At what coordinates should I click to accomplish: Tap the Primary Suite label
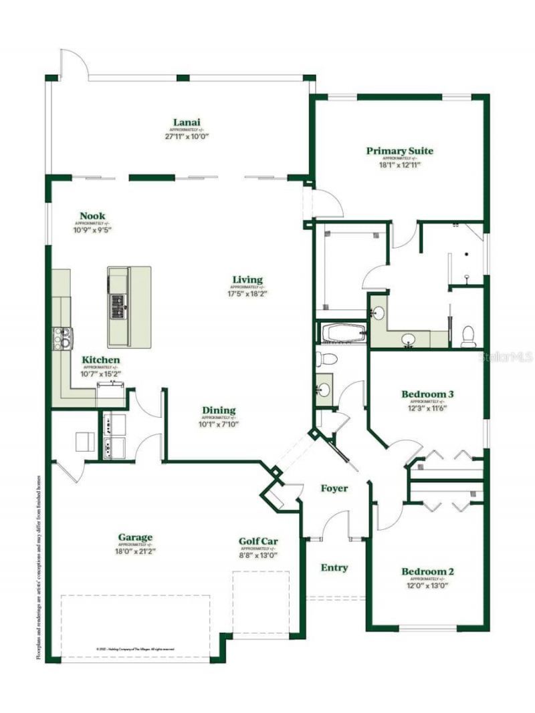pos(399,151)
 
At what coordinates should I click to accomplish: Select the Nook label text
pos(92,215)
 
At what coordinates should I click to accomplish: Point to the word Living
pos(247,279)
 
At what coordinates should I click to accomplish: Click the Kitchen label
pos(101,360)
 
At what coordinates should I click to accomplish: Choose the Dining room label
pos(219,410)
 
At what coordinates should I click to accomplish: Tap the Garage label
pos(135,537)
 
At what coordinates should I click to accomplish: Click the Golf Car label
pos(258,541)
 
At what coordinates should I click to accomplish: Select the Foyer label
pos(334,488)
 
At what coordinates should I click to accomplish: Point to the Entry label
pos(334,567)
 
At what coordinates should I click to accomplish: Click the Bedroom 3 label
pos(428,394)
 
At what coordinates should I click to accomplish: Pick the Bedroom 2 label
pos(428,571)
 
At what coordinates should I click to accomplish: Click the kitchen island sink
pos(118,305)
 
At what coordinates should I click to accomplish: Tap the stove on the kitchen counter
pos(62,339)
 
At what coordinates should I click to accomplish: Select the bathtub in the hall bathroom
pos(342,331)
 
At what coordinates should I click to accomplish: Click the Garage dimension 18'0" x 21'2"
pos(135,551)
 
